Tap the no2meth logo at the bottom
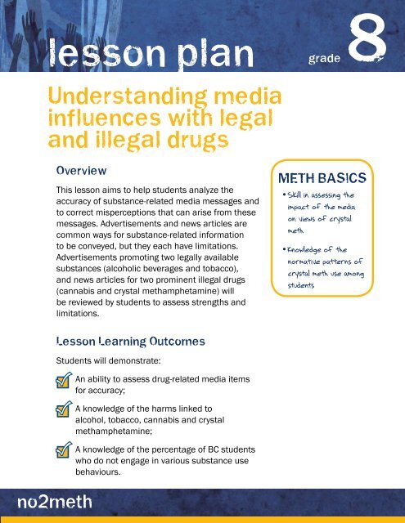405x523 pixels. (56, 500)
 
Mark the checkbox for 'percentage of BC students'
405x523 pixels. (58, 454)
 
